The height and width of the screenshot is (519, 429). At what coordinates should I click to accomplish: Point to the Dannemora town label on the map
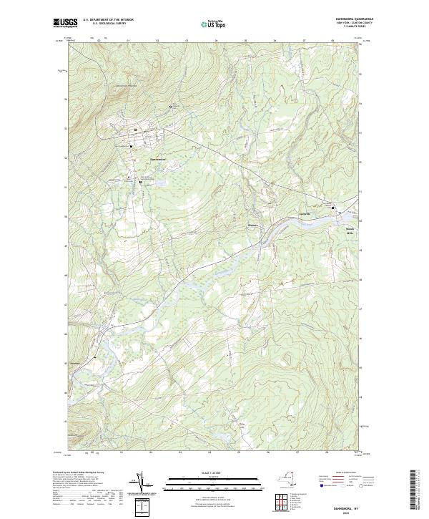pos(157,159)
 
